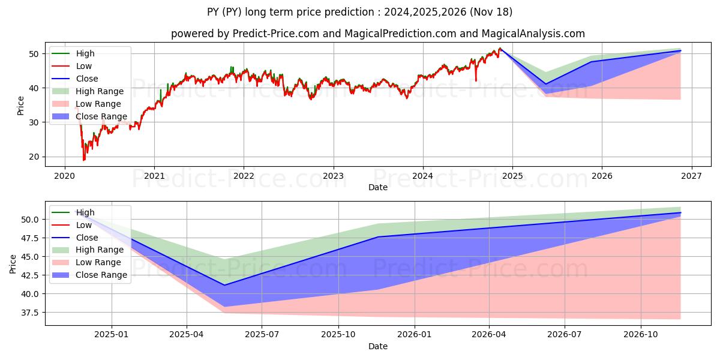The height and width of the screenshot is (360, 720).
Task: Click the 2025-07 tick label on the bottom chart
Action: (263, 335)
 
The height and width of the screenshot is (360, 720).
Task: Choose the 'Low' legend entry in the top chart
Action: (84, 66)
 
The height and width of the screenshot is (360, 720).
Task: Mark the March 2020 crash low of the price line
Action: (84, 160)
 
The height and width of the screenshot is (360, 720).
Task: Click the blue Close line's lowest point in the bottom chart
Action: (224, 285)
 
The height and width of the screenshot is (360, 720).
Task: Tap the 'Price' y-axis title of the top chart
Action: (21, 106)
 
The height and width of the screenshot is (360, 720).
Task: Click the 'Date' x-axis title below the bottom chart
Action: (378, 346)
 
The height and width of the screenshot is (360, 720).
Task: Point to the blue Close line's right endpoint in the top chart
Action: (680, 51)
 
